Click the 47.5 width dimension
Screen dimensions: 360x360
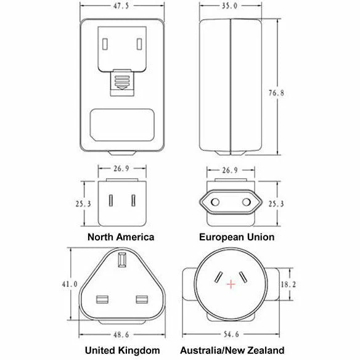tap(121, 6)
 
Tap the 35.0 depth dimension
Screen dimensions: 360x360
tap(229, 6)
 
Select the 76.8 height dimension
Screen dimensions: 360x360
tap(276, 93)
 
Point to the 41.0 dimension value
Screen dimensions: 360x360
tap(70, 284)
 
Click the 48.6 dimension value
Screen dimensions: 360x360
tap(121, 335)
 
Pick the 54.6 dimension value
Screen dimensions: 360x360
tap(231, 334)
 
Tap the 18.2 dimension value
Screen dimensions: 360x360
tap(288, 284)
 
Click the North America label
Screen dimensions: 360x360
tap(121, 237)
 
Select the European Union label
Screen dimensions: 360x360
tap(237, 237)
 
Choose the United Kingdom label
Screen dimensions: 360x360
tap(123, 350)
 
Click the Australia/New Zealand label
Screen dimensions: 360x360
tap(232, 350)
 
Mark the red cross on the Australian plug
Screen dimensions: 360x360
tap(231, 284)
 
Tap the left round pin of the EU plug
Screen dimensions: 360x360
tap(215, 202)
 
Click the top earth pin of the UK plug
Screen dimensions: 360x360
tap(122, 260)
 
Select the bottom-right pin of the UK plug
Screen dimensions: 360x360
tap(142, 300)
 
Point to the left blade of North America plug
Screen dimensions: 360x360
tap(111, 200)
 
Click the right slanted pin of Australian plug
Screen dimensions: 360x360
tap(243, 277)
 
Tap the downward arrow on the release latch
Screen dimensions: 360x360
tap(122, 88)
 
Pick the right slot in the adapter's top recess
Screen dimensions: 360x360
tap(139, 44)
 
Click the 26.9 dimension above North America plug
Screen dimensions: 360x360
tap(121, 169)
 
